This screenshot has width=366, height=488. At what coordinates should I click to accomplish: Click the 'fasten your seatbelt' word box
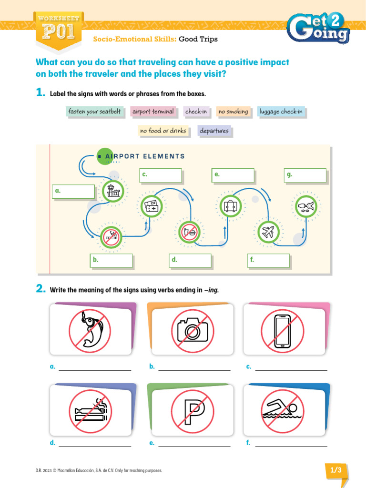pyautogui.click(x=94, y=112)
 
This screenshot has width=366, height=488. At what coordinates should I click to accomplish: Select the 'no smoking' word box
pyautogui.click(x=233, y=112)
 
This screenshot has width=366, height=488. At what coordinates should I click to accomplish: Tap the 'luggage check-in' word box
pyautogui.click(x=281, y=112)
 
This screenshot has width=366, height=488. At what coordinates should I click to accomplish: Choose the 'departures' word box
pyautogui.click(x=214, y=131)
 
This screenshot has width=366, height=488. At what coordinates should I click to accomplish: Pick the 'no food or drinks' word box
pyautogui.click(x=163, y=131)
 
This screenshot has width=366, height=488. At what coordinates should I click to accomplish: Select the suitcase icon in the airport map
pyautogui.click(x=231, y=206)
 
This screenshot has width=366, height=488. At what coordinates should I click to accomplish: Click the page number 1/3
pyautogui.click(x=336, y=470)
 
